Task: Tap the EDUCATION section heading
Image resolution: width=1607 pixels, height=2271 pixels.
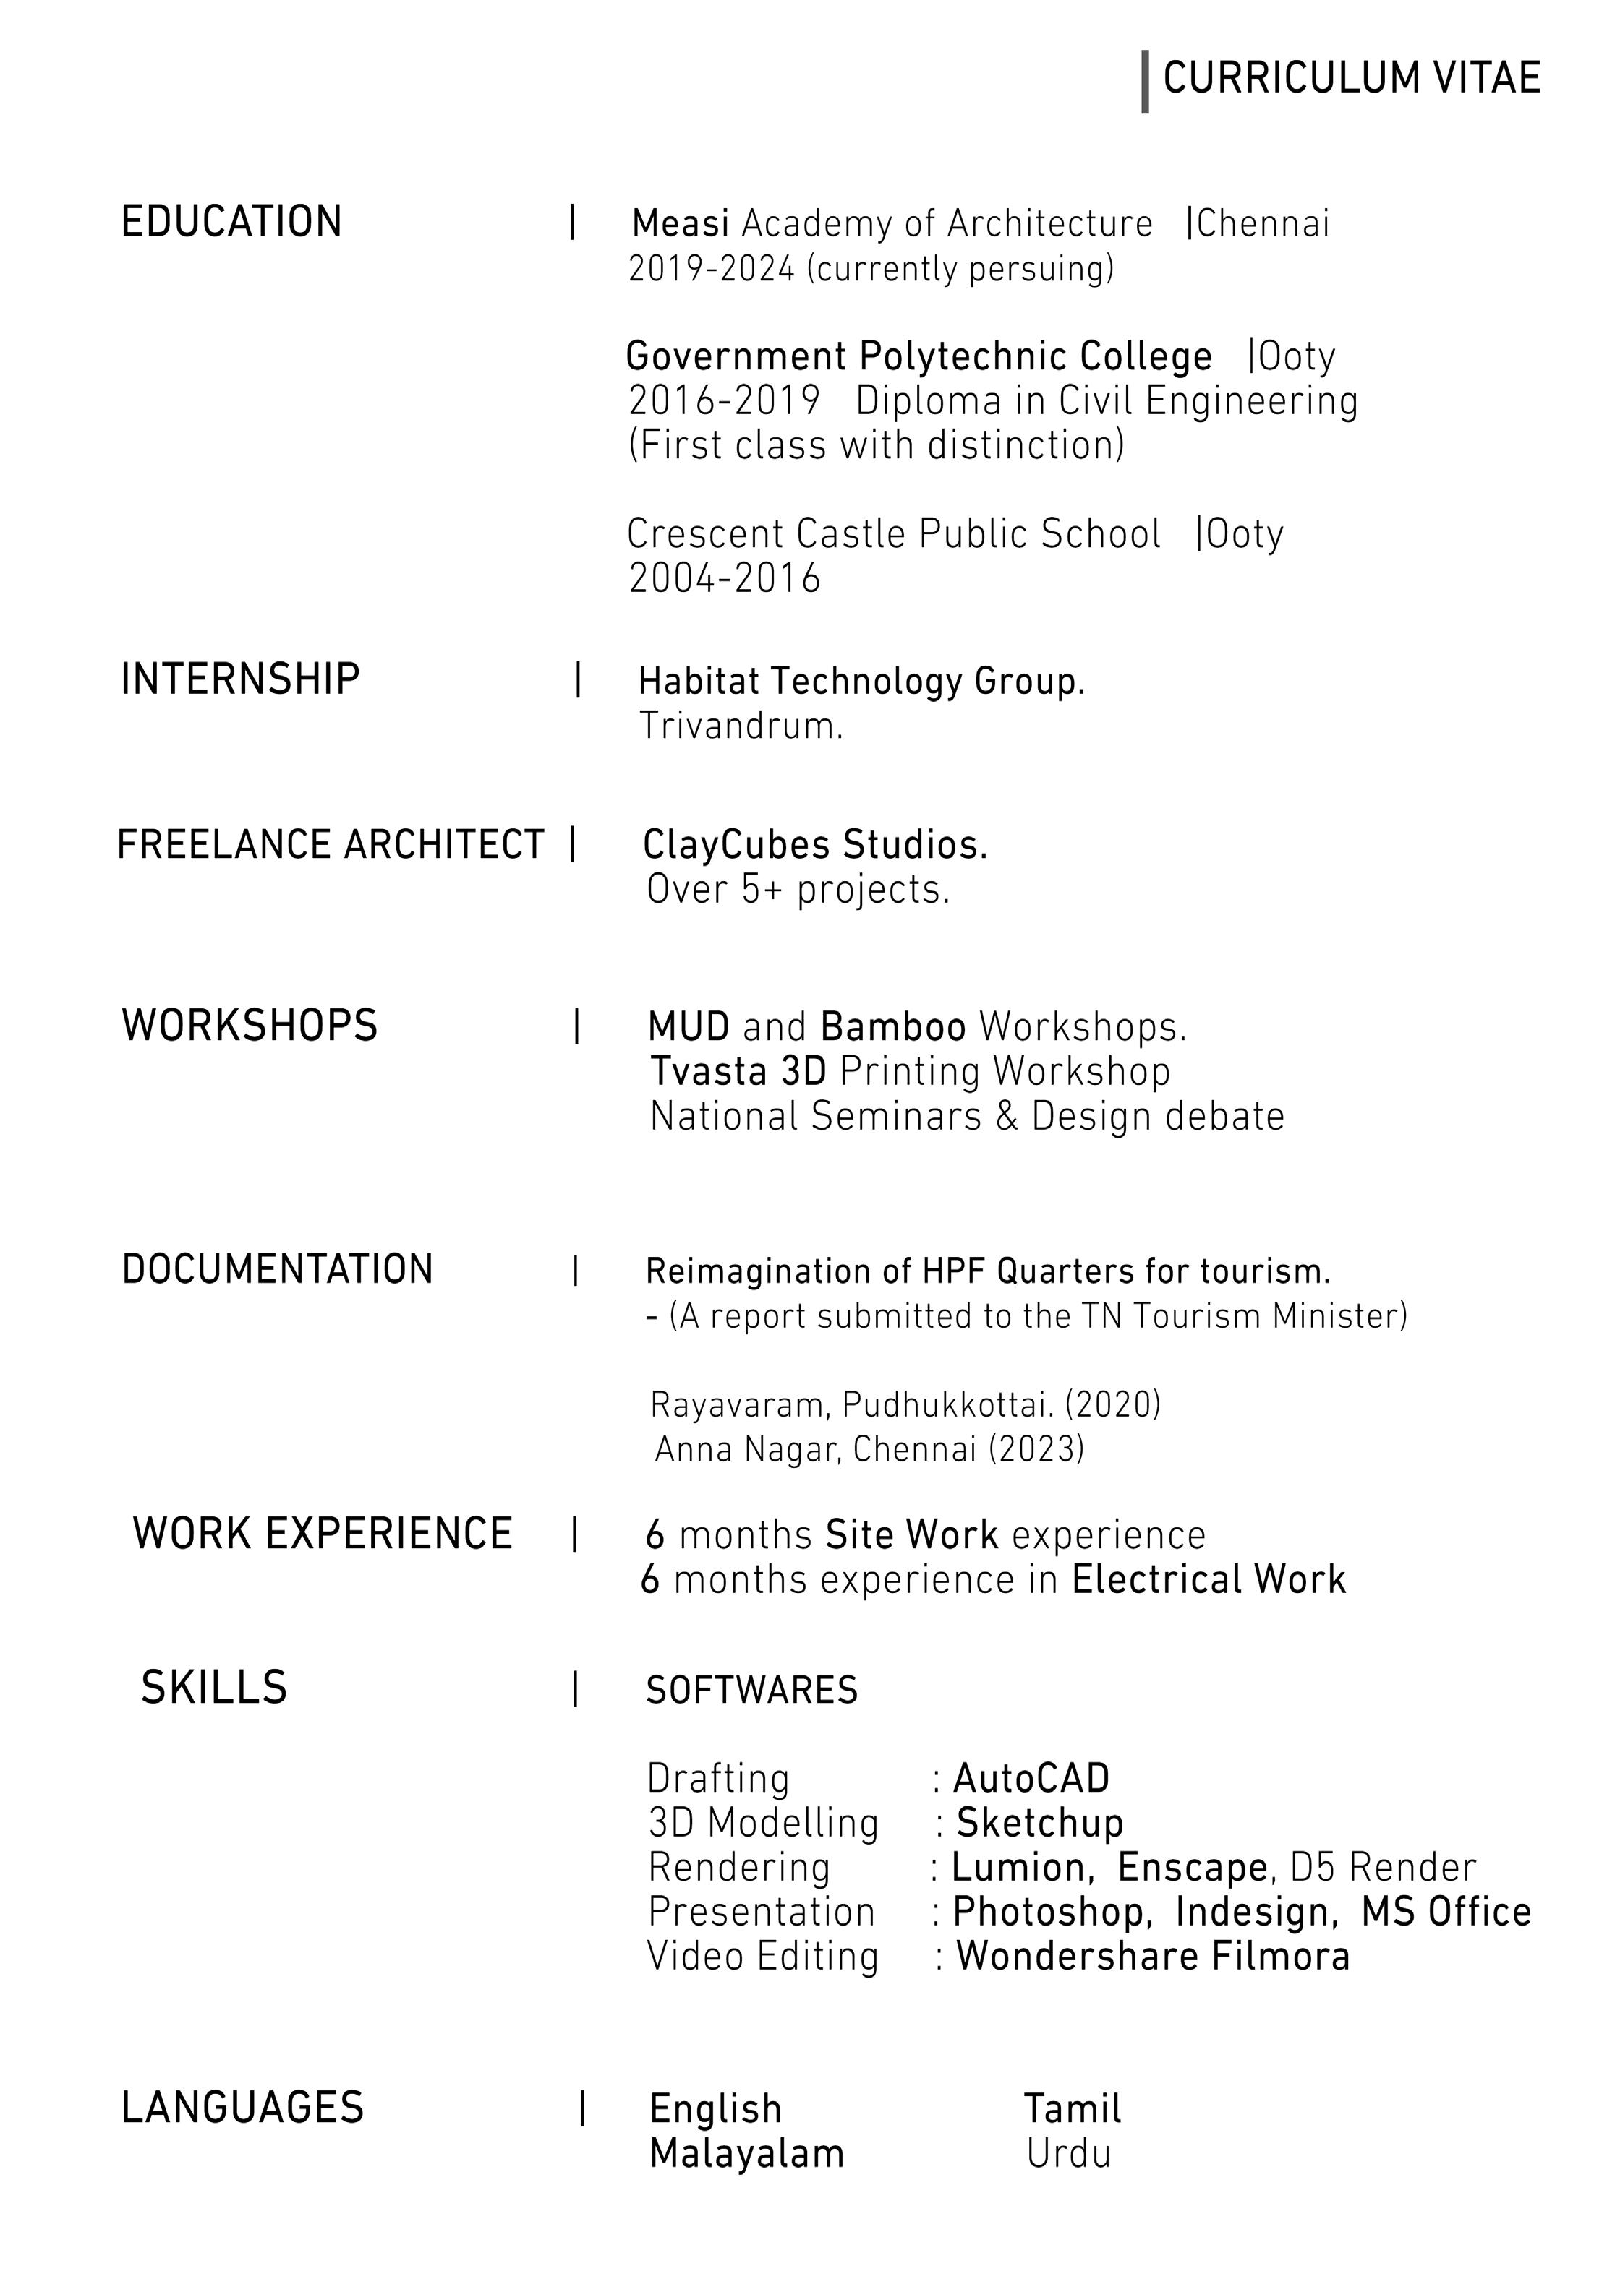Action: point(231,222)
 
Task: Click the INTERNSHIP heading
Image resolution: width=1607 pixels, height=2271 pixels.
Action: point(239,681)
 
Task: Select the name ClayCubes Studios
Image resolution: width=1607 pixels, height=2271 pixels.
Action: point(814,846)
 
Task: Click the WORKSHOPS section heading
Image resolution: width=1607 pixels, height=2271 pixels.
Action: point(250,1026)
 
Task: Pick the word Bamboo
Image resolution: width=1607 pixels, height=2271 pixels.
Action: point(892,1028)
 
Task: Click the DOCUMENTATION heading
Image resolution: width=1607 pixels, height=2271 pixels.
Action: point(277,1270)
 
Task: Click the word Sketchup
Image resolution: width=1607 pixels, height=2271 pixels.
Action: point(1039,1824)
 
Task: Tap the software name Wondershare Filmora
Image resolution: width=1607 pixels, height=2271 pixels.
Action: point(1152,1957)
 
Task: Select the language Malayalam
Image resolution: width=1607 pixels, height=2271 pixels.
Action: point(746,2155)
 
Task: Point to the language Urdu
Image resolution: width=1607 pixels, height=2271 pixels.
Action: point(1067,2155)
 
